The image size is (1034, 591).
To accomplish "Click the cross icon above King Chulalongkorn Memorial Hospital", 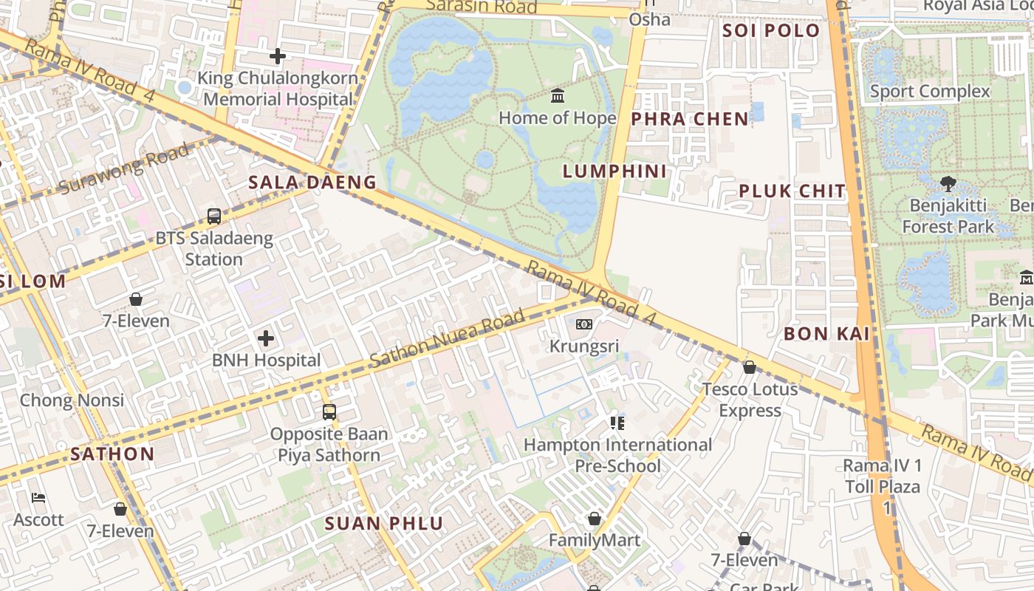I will pyautogui.click(x=278, y=56).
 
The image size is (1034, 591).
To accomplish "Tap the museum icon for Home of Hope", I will pyautogui.click(x=558, y=96).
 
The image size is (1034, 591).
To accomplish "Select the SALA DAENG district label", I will pyautogui.click(x=312, y=182).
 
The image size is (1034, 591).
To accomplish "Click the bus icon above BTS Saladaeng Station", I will pyautogui.click(x=214, y=216).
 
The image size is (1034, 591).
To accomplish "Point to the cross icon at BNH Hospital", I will pyautogui.click(x=266, y=339).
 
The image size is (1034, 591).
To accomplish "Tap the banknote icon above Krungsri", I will pyautogui.click(x=584, y=324).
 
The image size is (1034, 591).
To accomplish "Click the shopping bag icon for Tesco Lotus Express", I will pyautogui.click(x=750, y=367).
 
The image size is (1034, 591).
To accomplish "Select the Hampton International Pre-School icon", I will pyautogui.click(x=617, y=423).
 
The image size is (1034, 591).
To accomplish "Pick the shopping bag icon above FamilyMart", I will pyautogui.click(x=595, y=519).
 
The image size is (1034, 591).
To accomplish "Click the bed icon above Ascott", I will pyautogui.click(x=38, y=498).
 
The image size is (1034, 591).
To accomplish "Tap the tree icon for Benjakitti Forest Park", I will pyautogui.click(x=948, y=184).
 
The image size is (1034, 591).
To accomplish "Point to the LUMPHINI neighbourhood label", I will pyautogui.click(x=614, y=171).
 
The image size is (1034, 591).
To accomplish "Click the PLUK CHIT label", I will pyautogui.click(x=792, y=191).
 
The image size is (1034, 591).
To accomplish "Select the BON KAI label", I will pyautogui.click(x=826, y=334).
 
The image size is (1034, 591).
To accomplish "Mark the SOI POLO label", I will pyautogui.click(x=771, y=31).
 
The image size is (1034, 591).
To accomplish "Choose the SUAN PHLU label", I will pyautogui.click(x=384, y=525).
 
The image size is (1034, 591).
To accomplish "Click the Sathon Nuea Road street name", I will pyautogui.click(x=447, y=340).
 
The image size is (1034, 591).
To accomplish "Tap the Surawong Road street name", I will pyautogui.click(x=123, y=170).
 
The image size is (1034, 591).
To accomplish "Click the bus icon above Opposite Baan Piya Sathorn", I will pyautogui.click(x=329, y=412).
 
